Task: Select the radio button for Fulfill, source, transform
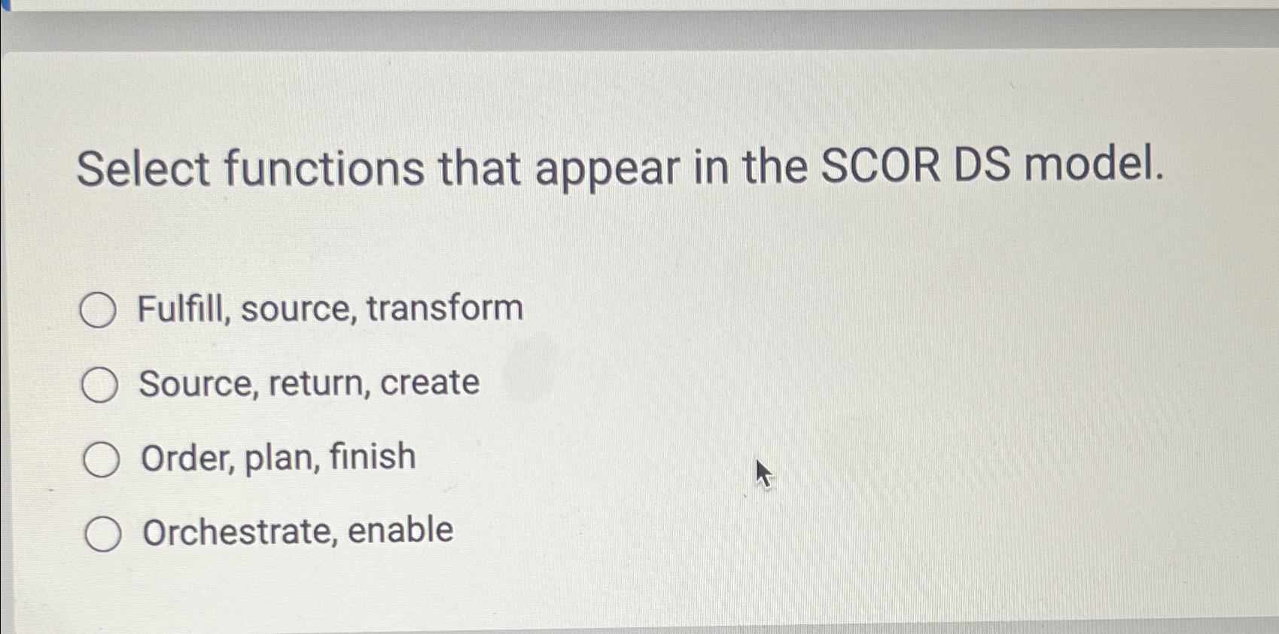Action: (x=98, y=310)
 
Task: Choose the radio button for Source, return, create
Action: (x=99, y=386)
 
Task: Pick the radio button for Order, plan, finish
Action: (x=101, y=460)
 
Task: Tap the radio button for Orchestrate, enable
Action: (x=102, y=535)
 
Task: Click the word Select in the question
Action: (x=143, y=168)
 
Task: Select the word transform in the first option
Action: (x=445, y=308)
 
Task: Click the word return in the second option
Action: (x=316, y=383)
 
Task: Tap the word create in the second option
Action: (x=430, y=383)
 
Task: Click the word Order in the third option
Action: (x=187, y=458)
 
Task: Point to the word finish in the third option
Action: (x=373, y=456)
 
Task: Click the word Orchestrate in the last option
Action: (x=239, y=532)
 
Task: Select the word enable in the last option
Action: (x=400, y=530)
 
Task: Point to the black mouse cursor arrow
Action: (x=763, y=474)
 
